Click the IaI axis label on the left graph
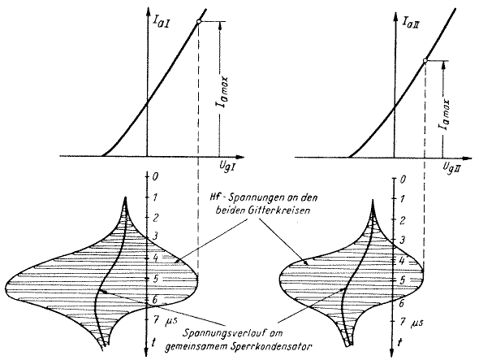[161, 23]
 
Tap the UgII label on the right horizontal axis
[453, 167]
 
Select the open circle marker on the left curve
[199, 22]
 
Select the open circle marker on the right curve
[425, 61]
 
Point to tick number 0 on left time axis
[155, 176]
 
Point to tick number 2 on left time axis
[155, 218]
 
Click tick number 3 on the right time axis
[403, 240]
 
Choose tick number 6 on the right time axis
[401, 303]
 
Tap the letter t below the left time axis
[153, 343]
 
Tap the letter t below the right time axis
[400, 341]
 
